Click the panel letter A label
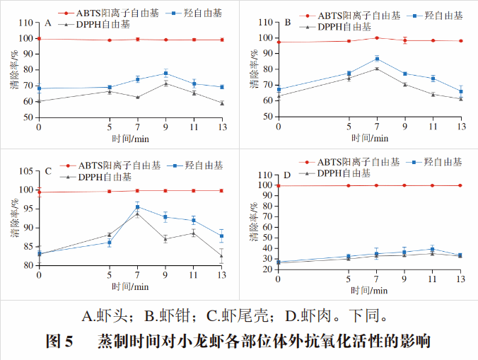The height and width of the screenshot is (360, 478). [47, 23]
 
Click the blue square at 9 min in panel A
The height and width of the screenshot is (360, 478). [165, 74]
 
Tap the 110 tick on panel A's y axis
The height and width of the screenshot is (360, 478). [28, 23]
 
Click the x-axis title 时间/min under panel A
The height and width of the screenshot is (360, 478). [130, 138]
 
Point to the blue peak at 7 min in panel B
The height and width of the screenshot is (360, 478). [377, 59]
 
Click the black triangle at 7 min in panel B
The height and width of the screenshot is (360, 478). [377, 68]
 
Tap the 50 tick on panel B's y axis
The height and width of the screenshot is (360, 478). [267, 116]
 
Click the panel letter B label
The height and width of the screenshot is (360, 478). [288, 23]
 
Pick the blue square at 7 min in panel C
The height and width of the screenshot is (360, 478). [137, 207]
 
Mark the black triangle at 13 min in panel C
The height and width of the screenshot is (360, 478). [222, 255]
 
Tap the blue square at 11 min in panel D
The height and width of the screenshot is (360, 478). [432, 249]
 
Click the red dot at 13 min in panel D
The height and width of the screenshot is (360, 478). [460, 185]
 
